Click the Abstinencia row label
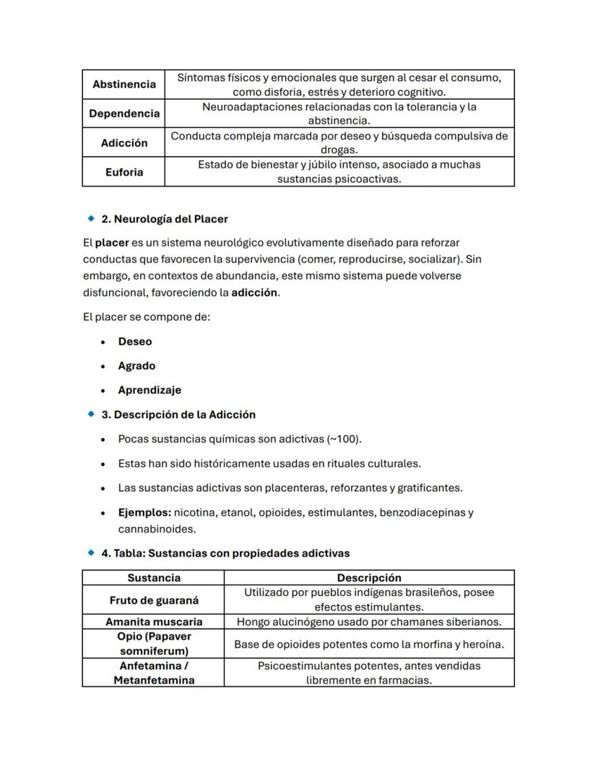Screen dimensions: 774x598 pos(123,85)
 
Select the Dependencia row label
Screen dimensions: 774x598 pos(123,113)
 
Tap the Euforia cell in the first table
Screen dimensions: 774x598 pos(123,172)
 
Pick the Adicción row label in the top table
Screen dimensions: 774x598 pos(123,143)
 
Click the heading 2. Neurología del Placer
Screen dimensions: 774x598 pos(164,218)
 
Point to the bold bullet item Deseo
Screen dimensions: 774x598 pos(135,341)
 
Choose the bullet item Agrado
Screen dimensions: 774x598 pos(136,366)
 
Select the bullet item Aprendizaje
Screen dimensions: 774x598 pos(149,390)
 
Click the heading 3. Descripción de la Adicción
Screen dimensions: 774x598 pos(178,414)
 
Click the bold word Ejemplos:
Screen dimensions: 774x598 pos(144,512)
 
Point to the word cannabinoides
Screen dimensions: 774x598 pos(157,529)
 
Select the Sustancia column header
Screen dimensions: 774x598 pos(154,577)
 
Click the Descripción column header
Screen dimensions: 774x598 pos(369,577)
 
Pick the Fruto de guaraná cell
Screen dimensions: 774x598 pos(154,600)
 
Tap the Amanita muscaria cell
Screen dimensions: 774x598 pos(154,622)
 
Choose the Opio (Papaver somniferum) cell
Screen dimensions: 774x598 pos(154,644)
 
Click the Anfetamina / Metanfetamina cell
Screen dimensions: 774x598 pos(154,673)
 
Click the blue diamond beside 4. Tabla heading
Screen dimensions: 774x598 pos(91,553)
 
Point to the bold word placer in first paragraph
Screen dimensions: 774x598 pos(112,242)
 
